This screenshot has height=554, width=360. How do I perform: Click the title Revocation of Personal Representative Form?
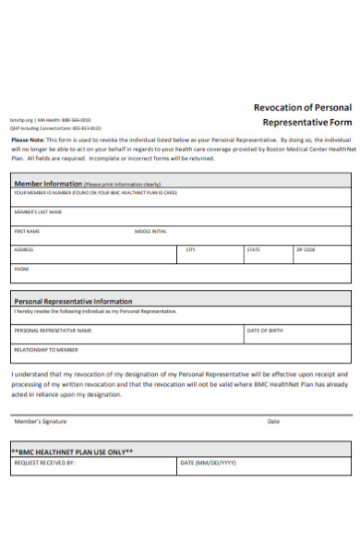pyautogui.click(x=302, y=114)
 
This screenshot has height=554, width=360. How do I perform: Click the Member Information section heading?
pyautogui.click(x=49, y=184)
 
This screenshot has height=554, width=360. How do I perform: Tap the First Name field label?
pyautogui.click(x=27, y=231)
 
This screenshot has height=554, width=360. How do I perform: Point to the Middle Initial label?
pyautogui.click(x=150, y=231)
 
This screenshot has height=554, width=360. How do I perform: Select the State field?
pyautogui.click(x=268, y=253)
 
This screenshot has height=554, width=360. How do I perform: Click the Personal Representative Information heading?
pyautogui.click(x=73, y=301)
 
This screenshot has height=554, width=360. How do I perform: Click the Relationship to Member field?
pyautogui.click(x=180, y=353)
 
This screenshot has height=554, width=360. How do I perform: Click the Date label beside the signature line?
pyautogui.click(x=273, y=421)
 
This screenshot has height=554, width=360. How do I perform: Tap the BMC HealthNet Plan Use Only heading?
pyautogui.click(x=73, y=452)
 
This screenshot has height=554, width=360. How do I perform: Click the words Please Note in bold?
pyautogui.click(x=29, y=138)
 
